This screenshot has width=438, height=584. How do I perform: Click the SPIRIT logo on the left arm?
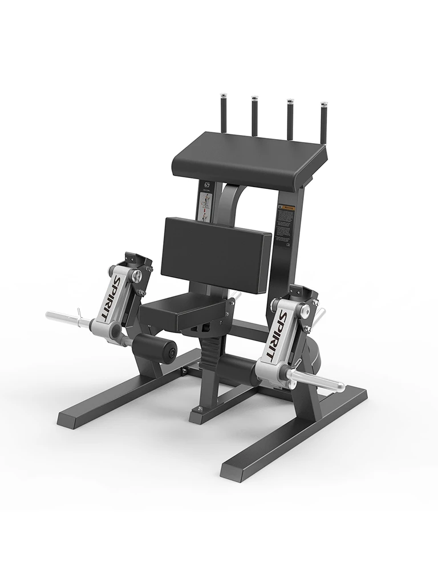pyautogui.click(x=109, y=297)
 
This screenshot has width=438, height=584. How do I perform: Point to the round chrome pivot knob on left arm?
pyautogui.click(x=137, y=277)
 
